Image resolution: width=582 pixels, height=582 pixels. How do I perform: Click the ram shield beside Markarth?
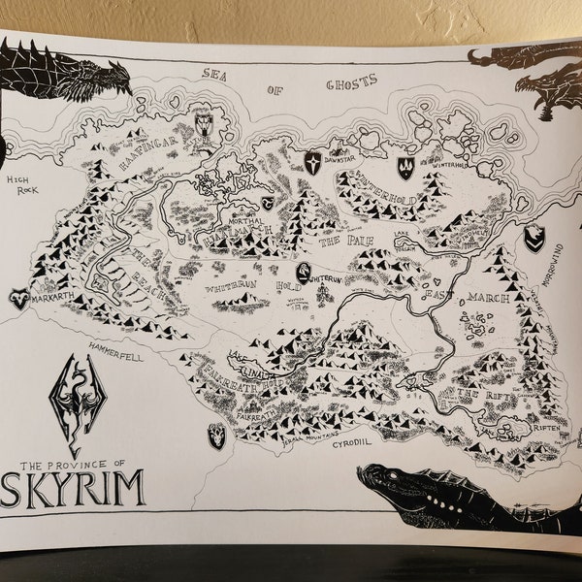click(x=18, y=299)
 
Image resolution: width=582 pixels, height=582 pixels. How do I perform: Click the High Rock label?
click(x=20, y=186)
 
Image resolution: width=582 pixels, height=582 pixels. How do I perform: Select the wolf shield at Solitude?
click(x=204, y=123)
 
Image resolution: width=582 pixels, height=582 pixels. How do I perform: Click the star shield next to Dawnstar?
click(x=312, y=162)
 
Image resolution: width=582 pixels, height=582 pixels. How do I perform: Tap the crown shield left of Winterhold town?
click(x=405, y=167)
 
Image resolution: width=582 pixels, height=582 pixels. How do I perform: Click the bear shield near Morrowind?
click(x=534, y=237)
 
